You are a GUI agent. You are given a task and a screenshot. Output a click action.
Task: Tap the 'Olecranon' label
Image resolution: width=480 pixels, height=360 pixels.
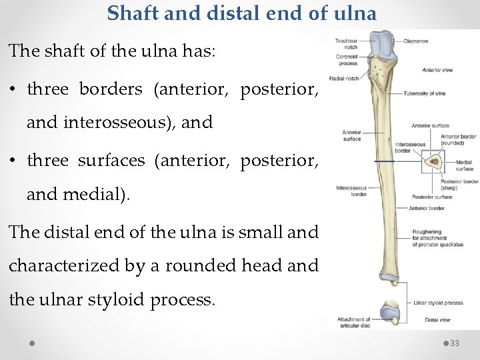click(415, 41)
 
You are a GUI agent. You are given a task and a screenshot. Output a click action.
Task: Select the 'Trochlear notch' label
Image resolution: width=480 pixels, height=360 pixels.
click(347, 44)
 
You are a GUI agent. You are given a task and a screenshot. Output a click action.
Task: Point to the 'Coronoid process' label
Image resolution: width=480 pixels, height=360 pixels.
click(347, 61)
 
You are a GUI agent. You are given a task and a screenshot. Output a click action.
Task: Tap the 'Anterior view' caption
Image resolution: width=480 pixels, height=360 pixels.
click(437, 70)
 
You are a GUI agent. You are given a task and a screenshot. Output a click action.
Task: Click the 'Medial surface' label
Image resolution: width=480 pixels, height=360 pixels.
click(465, 165)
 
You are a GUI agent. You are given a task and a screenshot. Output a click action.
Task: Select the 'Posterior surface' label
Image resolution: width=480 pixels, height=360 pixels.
click(432, 197)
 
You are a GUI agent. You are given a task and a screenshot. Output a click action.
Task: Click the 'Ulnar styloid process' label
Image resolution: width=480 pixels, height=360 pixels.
click(438, 303)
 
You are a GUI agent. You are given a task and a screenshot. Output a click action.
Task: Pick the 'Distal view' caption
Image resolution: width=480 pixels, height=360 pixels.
click(437, 320)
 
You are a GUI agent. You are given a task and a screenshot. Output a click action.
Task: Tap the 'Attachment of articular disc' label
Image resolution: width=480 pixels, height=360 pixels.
click(354, 323)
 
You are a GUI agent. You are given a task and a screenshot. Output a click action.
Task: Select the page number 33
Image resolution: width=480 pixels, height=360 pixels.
click(455, 343)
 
